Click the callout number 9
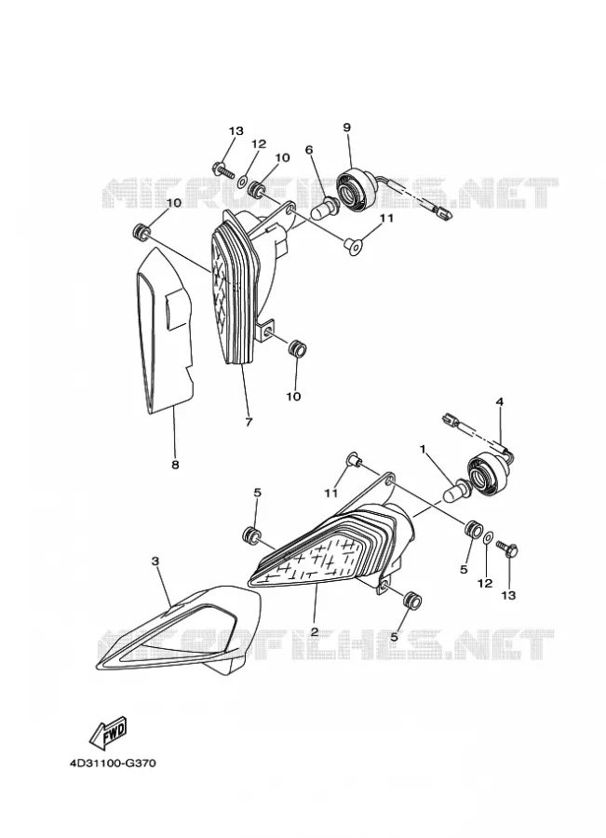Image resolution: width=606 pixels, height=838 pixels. pos(347,128)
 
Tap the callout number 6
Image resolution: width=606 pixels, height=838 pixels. pos(309,150)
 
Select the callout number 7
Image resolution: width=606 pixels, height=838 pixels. pos(249,422)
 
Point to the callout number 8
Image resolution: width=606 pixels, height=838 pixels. pos(175,465)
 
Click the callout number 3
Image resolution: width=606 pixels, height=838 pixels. pos(155,561)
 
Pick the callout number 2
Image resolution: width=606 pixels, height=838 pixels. pos(315,631)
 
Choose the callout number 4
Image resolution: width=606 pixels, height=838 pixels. pos(500,401)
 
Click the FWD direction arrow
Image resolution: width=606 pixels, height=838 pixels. pos(108,731)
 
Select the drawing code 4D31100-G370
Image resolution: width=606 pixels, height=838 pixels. pos(113,764)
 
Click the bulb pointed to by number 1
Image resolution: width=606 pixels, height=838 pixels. pos(456,490)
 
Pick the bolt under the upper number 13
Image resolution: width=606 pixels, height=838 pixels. pos(224,171)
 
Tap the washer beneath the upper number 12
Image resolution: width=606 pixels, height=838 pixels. pos(243,182)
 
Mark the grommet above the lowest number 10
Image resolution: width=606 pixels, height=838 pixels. pos(297,349)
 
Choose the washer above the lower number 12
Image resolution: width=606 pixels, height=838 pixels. pos(489,537)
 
